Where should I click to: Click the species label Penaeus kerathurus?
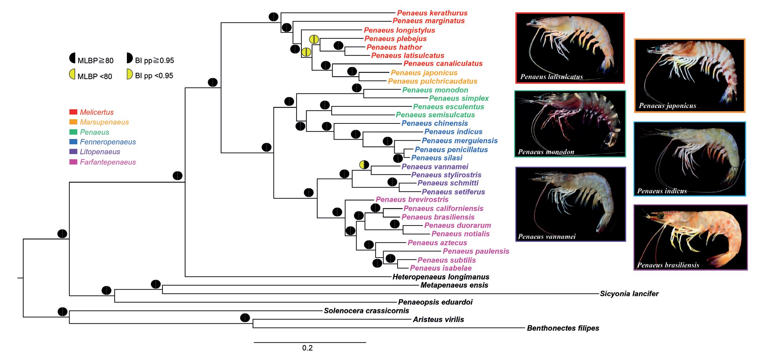(x=432, y=13)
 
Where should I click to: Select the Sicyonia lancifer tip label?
(x=629, y=294)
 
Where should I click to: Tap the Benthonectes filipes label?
(x=563, y=328)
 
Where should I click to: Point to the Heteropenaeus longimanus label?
(x=441, y=277)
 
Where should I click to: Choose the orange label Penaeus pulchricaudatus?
(x=432, y=81)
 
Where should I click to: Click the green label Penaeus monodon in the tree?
(x=435, y=90)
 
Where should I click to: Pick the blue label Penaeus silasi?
(x=437, y=158)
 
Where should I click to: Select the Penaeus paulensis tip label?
(x=476, y=251)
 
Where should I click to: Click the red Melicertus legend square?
(x=73, y=112)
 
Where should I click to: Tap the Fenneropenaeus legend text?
(x=108, y=142)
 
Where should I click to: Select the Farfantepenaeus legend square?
(x=73, y=162)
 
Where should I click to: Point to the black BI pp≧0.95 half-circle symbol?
(x=129, y=58)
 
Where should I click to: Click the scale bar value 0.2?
(x=307, y=348)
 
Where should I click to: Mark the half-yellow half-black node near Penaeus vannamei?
(x=364, y=165)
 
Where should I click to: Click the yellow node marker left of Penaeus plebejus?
(x=314, y=39)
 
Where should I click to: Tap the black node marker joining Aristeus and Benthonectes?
(x=245, y=318)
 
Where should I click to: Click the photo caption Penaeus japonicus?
(x=667, y=106)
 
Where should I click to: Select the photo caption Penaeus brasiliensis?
(x=668, y=265)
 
